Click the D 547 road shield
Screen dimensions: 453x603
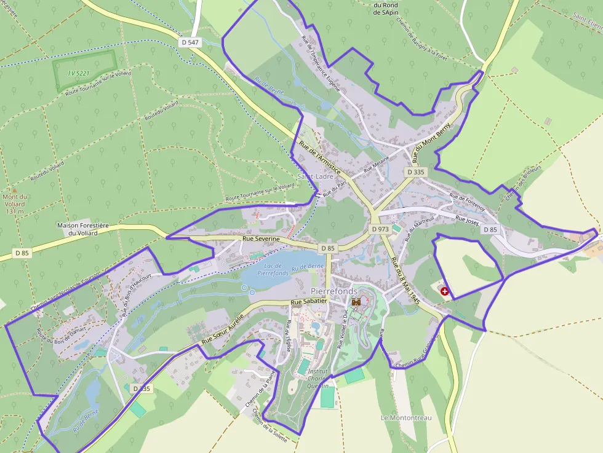pyautogui.click(x=190, y=42)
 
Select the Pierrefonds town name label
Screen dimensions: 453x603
pyautogui.click(x=334, y=290)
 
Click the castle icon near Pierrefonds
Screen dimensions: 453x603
pyautogui.click(x=356, y=302)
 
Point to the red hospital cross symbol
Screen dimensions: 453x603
pyautogui.click(x=445, y=291)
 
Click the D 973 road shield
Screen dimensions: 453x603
pyautogui.click(x=380, y=229)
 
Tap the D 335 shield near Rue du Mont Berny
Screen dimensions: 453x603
pyautogui.click(x=416, y=172)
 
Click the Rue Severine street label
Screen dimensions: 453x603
pyautogui.click(x=261, y=238)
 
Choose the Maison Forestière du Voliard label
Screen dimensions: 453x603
pyautogui.click(x=82, y=229)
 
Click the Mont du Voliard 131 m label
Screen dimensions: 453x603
pyautogui.click(x=15, y=204)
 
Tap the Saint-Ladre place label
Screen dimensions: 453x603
pyautogui.click(x=315, y=176)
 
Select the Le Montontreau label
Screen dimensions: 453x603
pyautogui.click(x=406, y=418)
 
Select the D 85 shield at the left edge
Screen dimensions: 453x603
pyautogui.click(x=22, y=253)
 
